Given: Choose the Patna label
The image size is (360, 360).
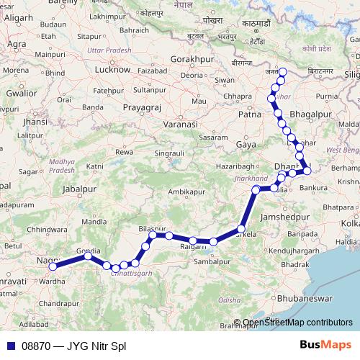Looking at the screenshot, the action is coord(249,114).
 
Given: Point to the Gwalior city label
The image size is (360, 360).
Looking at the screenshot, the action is coord(20,93).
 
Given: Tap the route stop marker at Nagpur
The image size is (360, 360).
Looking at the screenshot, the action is coord(52,266).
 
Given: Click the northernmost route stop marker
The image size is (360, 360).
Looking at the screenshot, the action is coord(282,71).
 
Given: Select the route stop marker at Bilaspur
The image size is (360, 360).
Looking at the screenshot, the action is coord(153,235).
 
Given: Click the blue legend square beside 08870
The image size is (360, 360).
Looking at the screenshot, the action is coord(10,346).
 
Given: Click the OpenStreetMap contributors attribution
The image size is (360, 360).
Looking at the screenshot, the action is coord(297,323).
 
